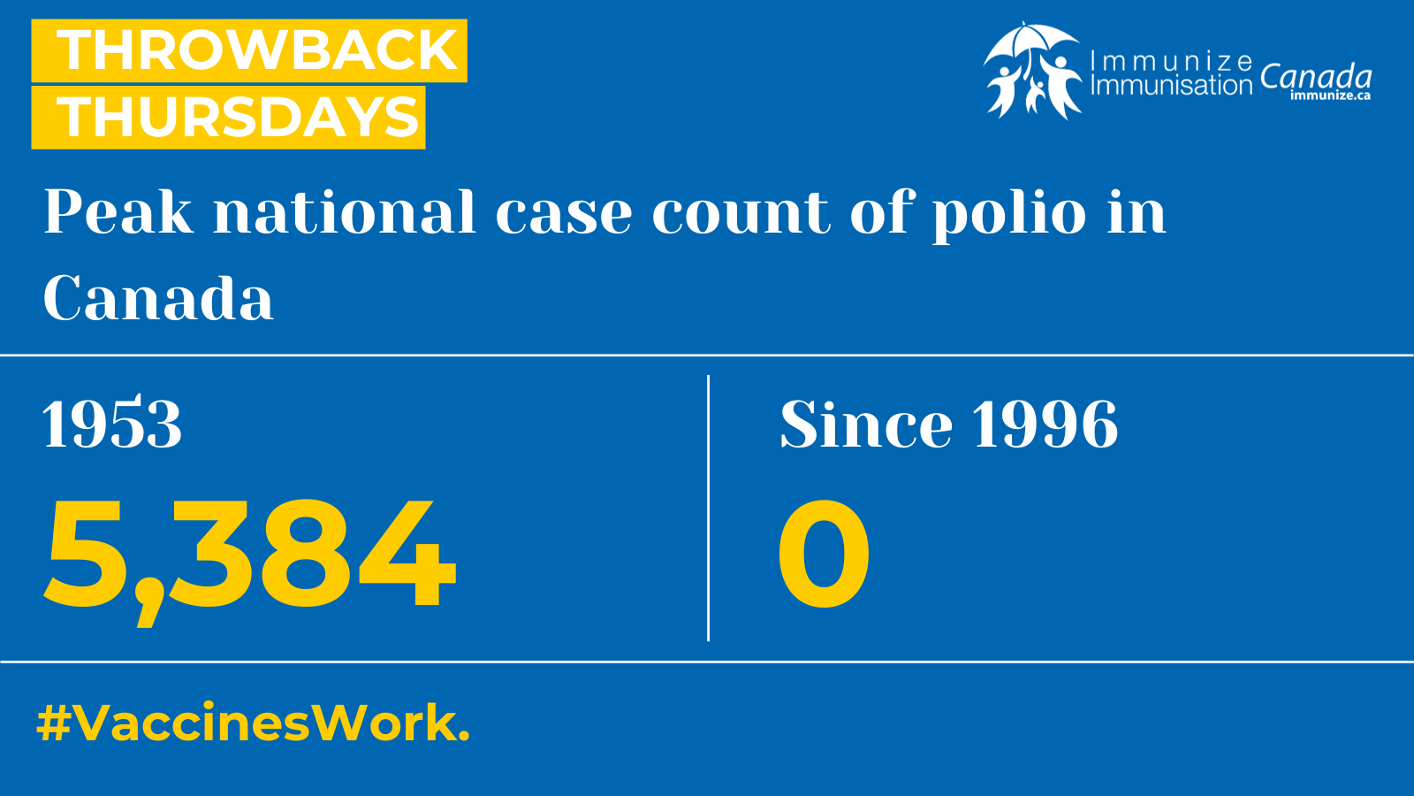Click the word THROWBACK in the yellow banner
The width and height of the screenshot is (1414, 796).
tap(257, 50)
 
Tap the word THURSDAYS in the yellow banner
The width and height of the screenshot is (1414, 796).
tap(239, 117)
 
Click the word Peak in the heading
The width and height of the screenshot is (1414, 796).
tap(118, 211)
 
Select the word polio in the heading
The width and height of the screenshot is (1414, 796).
tap(1009, 215)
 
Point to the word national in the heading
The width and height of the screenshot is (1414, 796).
tap(345, 211)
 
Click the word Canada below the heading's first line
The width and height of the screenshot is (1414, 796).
tap(158, 297)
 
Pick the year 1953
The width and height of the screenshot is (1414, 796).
tap(111, 424)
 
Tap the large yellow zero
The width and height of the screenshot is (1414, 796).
tap(824, 553)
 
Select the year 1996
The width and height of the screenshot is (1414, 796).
tap(1045, 424)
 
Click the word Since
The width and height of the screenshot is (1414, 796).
tap(866, 424)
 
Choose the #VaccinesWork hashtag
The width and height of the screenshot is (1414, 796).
tap(253, 723)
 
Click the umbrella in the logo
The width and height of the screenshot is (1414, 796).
tap(1031, 43)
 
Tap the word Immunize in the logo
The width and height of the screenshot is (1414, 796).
tap(1172, 62)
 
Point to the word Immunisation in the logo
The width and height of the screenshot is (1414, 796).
tap(1172, 85)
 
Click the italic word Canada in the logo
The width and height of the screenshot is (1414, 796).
tap(1316, 76)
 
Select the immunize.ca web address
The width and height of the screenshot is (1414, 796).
tap(1330, 96)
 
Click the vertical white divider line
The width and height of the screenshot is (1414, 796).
tap(708, 508)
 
